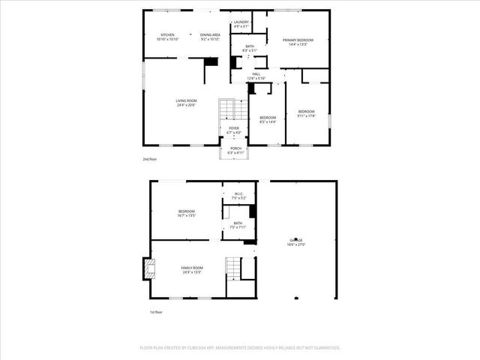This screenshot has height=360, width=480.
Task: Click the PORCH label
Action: coord(234,150)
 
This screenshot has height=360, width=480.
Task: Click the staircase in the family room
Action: coord(235,268)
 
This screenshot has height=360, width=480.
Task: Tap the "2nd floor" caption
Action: coord(150,160)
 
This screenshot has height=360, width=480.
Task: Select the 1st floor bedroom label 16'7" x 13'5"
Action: coord(187,213)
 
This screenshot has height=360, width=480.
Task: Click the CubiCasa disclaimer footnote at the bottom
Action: coord(240,348)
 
